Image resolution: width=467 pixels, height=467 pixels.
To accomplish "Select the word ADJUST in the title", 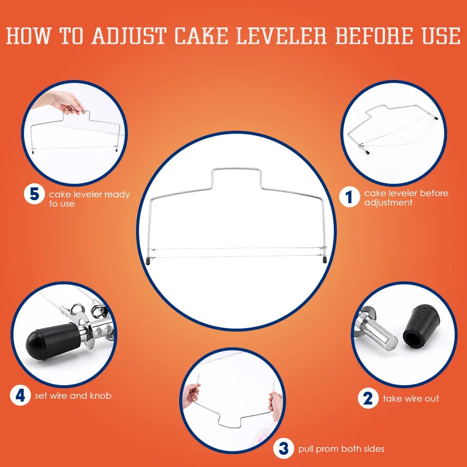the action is click(129, 36).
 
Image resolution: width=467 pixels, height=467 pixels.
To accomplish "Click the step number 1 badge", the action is click(349, 197).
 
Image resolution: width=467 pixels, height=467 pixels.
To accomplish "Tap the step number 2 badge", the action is click(368, 398).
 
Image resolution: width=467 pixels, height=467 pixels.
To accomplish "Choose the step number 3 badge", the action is click(284, 448).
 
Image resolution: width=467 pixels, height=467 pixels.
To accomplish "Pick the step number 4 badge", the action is click(20, 395).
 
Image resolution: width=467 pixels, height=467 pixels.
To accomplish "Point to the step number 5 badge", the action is click(34, 194).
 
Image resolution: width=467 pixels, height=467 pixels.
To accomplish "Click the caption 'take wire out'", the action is click(411, 399).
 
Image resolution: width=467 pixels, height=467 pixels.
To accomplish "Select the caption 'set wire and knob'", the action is click(74, 396).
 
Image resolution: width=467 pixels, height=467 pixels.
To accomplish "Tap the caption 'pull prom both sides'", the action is click(341, 449).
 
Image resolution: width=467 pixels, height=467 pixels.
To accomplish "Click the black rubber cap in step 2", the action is click(421, 326).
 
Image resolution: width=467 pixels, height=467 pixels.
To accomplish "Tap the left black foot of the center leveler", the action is click(148, 261).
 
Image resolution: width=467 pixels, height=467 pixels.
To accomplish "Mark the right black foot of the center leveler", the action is click(325, 259).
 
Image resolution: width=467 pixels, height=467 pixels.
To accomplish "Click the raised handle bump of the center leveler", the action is click(236, 169).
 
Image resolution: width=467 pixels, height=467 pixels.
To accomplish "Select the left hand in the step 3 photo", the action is click(191, 396).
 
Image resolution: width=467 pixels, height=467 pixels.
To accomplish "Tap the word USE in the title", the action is click(441, 36).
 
